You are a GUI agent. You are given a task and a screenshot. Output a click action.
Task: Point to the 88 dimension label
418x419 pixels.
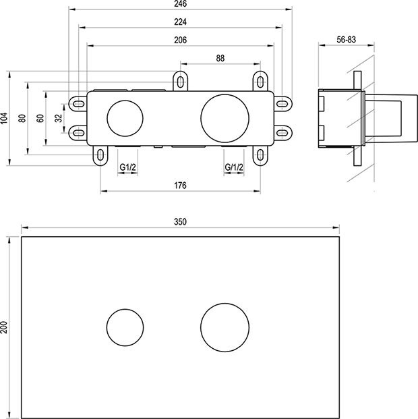point(220,59)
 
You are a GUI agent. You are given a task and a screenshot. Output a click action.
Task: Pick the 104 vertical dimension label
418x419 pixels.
point(5,117)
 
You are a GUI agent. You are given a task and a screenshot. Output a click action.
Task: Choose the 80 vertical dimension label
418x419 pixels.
point(22,117)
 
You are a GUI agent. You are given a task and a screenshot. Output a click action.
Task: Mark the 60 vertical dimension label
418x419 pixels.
point(40,117)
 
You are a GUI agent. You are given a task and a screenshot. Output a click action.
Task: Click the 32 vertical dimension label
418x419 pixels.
point(59,117)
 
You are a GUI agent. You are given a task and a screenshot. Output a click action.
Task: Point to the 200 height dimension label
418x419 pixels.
point(5,327)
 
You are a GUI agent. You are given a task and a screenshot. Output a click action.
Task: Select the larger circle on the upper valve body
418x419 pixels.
point(220,117)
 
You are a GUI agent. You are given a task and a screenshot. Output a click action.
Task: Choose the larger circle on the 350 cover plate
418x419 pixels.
point(220,327)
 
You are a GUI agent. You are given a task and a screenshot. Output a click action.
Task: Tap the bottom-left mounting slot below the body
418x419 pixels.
point(100,155)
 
